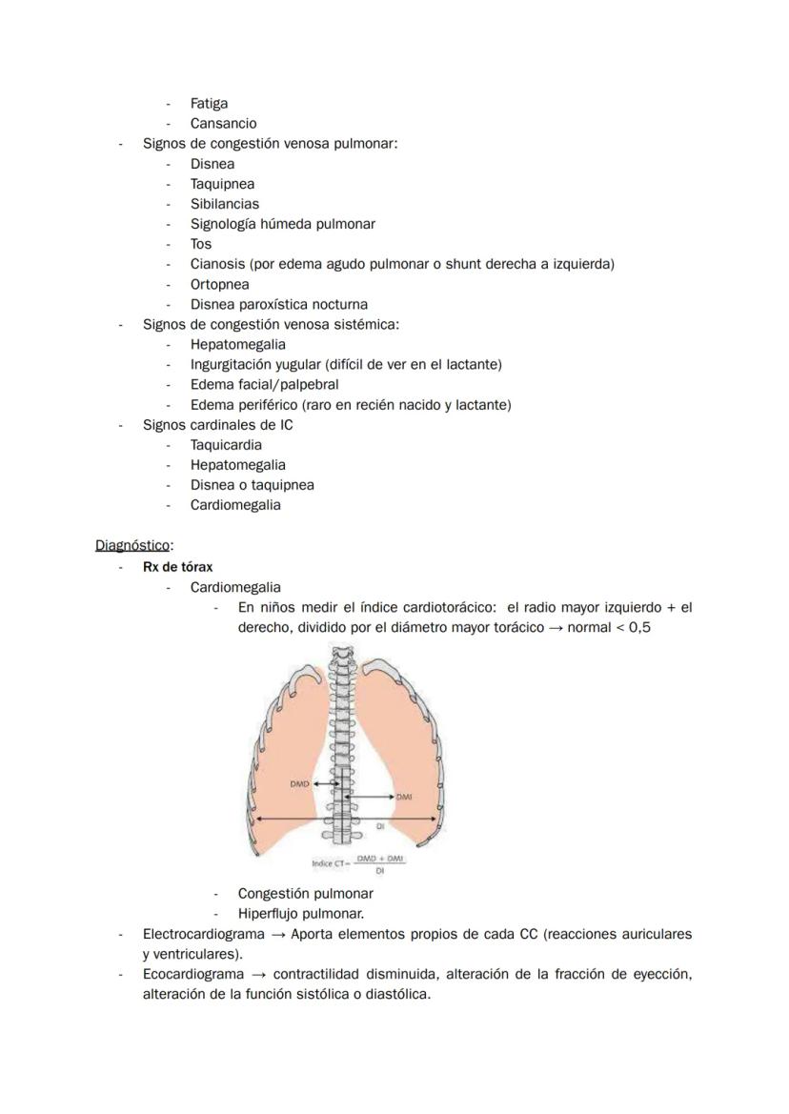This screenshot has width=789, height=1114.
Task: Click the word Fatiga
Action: [209, 103]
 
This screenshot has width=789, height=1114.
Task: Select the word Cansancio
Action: [223, 123]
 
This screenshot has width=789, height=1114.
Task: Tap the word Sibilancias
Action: [224, 204]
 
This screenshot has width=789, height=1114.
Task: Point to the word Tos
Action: [201, 244]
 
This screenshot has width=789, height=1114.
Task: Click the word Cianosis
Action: [218, 264]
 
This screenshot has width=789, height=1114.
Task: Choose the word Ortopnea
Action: [219, 284]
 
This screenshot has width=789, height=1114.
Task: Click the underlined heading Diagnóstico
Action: [132, 545]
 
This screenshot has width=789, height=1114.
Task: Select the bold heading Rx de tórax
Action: [177, 567]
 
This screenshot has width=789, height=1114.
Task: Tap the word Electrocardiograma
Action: [203, 935]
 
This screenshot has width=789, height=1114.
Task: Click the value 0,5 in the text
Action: [639, 628]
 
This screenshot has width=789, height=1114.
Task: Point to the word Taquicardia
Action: [226, 445]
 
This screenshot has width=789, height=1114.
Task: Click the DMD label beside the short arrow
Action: [298, 783]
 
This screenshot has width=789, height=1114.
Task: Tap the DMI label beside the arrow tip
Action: [405, 797]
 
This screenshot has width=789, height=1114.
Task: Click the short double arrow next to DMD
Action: [328, 783]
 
